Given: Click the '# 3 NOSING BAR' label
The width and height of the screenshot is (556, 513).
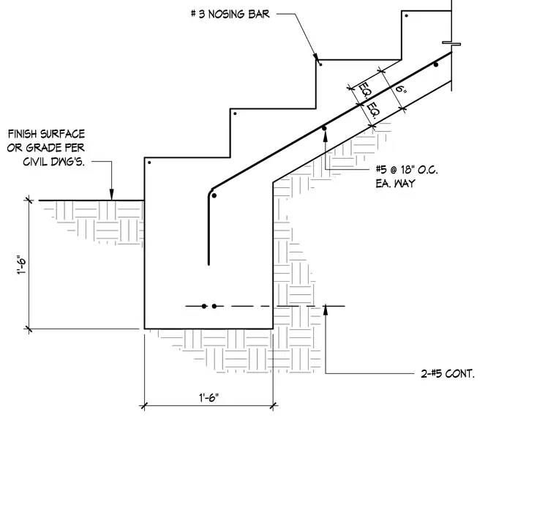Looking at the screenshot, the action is [230, 14].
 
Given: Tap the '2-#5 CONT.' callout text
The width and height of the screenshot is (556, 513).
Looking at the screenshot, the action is [448, 373].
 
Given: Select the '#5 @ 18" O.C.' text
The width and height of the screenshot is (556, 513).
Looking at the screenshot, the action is [407, 170].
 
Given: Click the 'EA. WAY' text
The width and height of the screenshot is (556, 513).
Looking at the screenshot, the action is [395, 184].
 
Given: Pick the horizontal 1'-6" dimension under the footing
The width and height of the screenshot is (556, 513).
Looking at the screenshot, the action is [209, 397].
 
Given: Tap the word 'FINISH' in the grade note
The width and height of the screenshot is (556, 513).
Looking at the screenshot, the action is [23, 134].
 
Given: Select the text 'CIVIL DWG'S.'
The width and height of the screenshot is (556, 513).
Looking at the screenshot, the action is [54, 162].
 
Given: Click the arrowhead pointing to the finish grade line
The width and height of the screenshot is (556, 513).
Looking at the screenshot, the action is [112, 195].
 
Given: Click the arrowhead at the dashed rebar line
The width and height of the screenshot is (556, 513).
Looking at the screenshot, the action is [326, 310].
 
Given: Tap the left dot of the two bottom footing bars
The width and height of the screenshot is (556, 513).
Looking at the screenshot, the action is [204, 306].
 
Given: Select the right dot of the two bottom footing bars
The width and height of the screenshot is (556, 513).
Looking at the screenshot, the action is [214, 306].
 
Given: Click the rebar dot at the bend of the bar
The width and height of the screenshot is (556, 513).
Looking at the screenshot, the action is [214, 195].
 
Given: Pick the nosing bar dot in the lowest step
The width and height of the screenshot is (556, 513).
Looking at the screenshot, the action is [149, 162].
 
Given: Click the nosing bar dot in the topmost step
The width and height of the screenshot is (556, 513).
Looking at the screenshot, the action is [406, 15].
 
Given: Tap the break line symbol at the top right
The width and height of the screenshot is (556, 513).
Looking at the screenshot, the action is [451, 44].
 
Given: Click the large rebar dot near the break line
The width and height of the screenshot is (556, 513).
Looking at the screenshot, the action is [436, 64].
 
